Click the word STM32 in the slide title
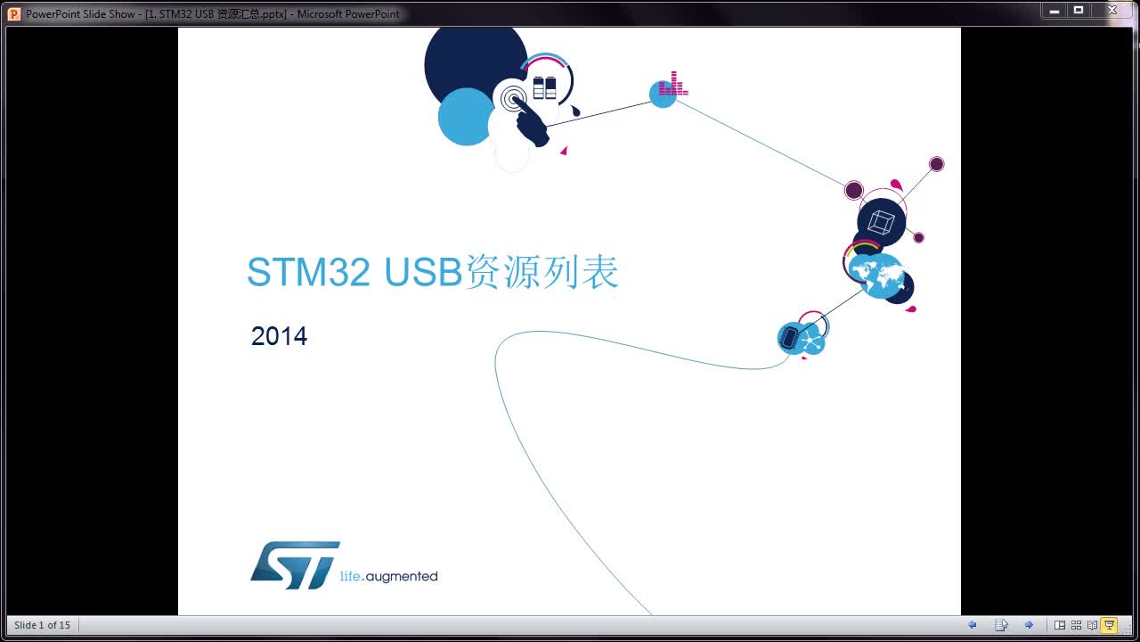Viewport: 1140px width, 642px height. pos(307,273)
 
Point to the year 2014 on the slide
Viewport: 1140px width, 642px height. pos(279,336)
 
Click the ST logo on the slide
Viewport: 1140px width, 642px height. pos(295,564)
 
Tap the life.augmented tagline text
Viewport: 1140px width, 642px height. pos(388,577)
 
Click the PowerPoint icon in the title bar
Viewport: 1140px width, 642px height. pos(14,13)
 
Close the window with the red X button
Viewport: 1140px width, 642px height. pos(1112,11)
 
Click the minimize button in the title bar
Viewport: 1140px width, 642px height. pos(1055,11)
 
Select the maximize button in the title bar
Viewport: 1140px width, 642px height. pos(1079,11)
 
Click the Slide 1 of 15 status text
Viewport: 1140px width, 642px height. pos(42,625)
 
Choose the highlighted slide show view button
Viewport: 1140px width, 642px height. pos(1109,625)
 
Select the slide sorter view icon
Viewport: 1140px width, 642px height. pos(1076,625)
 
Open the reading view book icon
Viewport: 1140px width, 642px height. pos(1092,625)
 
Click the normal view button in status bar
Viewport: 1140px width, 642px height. pos(1060,625)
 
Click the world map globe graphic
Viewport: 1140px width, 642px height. pos(876,276)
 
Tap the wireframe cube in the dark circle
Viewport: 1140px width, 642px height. pos(881,222)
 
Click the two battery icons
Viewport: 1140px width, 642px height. pos(544,87)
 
